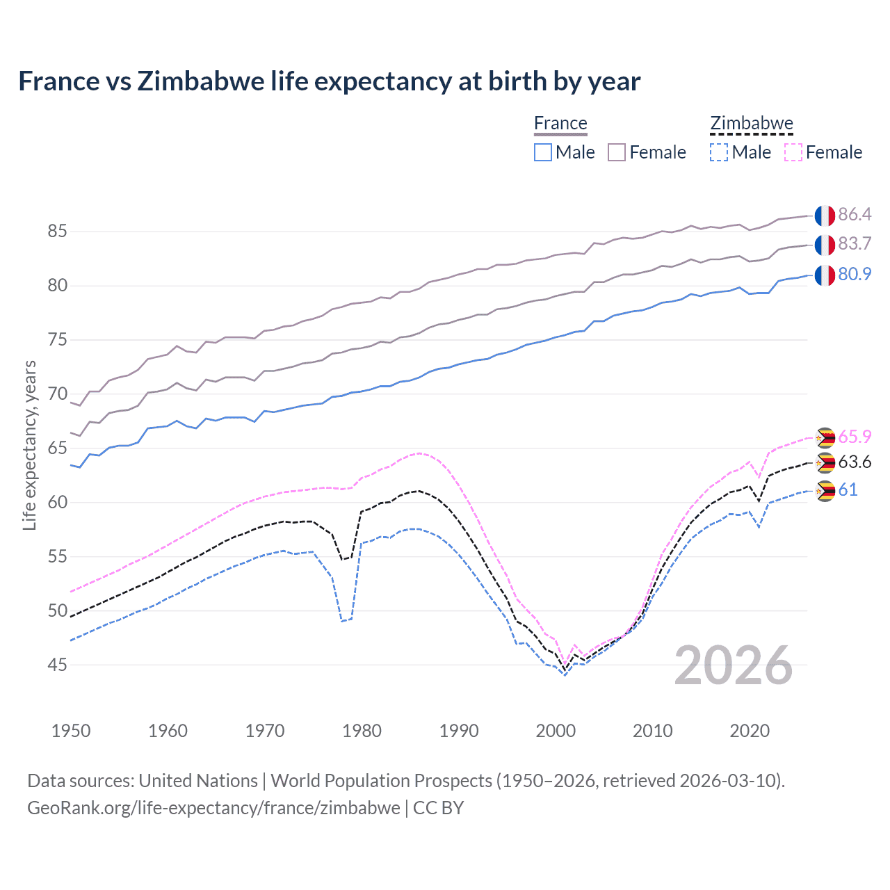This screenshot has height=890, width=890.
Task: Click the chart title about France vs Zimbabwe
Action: pyautogui.click(x=329, y=81)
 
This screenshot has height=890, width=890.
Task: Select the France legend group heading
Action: pyautogui.click(x=560, y=124)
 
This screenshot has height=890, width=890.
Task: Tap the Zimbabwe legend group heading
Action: pyautogui.click(x=752, y=124)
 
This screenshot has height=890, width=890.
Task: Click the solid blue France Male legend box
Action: pyautogui.click(x=543, y=152)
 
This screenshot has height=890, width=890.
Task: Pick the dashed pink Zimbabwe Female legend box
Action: pyautogui.click(x=793, y=152)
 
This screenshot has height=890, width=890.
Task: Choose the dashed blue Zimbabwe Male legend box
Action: pyautogui.click(x=719, y=152)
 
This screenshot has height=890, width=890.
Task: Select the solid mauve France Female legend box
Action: pyautogui.click(x=617, y=152)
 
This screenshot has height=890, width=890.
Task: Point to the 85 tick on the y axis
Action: pyautogui.click(x=58, y=232)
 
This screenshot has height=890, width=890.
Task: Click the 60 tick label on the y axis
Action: pyautogui.click(x=58, y=502)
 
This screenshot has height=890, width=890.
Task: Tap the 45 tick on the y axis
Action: pyautogui.click(x=58, y=665)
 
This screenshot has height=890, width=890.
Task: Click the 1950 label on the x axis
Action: pyautogui.click(x=71, y=731)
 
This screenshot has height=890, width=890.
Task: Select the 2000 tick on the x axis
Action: pyautogui.click(x=556, y=731)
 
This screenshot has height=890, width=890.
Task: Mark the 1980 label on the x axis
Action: pyautogui.click(x=362, y=731)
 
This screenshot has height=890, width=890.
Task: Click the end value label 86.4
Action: pyautogui.click(x=855, y=214)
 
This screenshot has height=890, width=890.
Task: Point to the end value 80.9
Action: pyautogui.click(x=855, y=274)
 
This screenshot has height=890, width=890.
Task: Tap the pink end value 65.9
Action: pyautogui.click(x=855, y=437)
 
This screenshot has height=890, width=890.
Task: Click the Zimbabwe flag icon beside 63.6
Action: pyautogui.click(x=825, y=463)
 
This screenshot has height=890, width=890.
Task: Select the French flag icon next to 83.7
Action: pyautogui.click(x=825, y=245)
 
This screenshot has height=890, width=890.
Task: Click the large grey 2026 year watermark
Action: pyautogui.click(x=734, y=665)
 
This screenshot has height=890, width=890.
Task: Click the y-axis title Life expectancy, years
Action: pyautogui.click(x=29, y=445)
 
